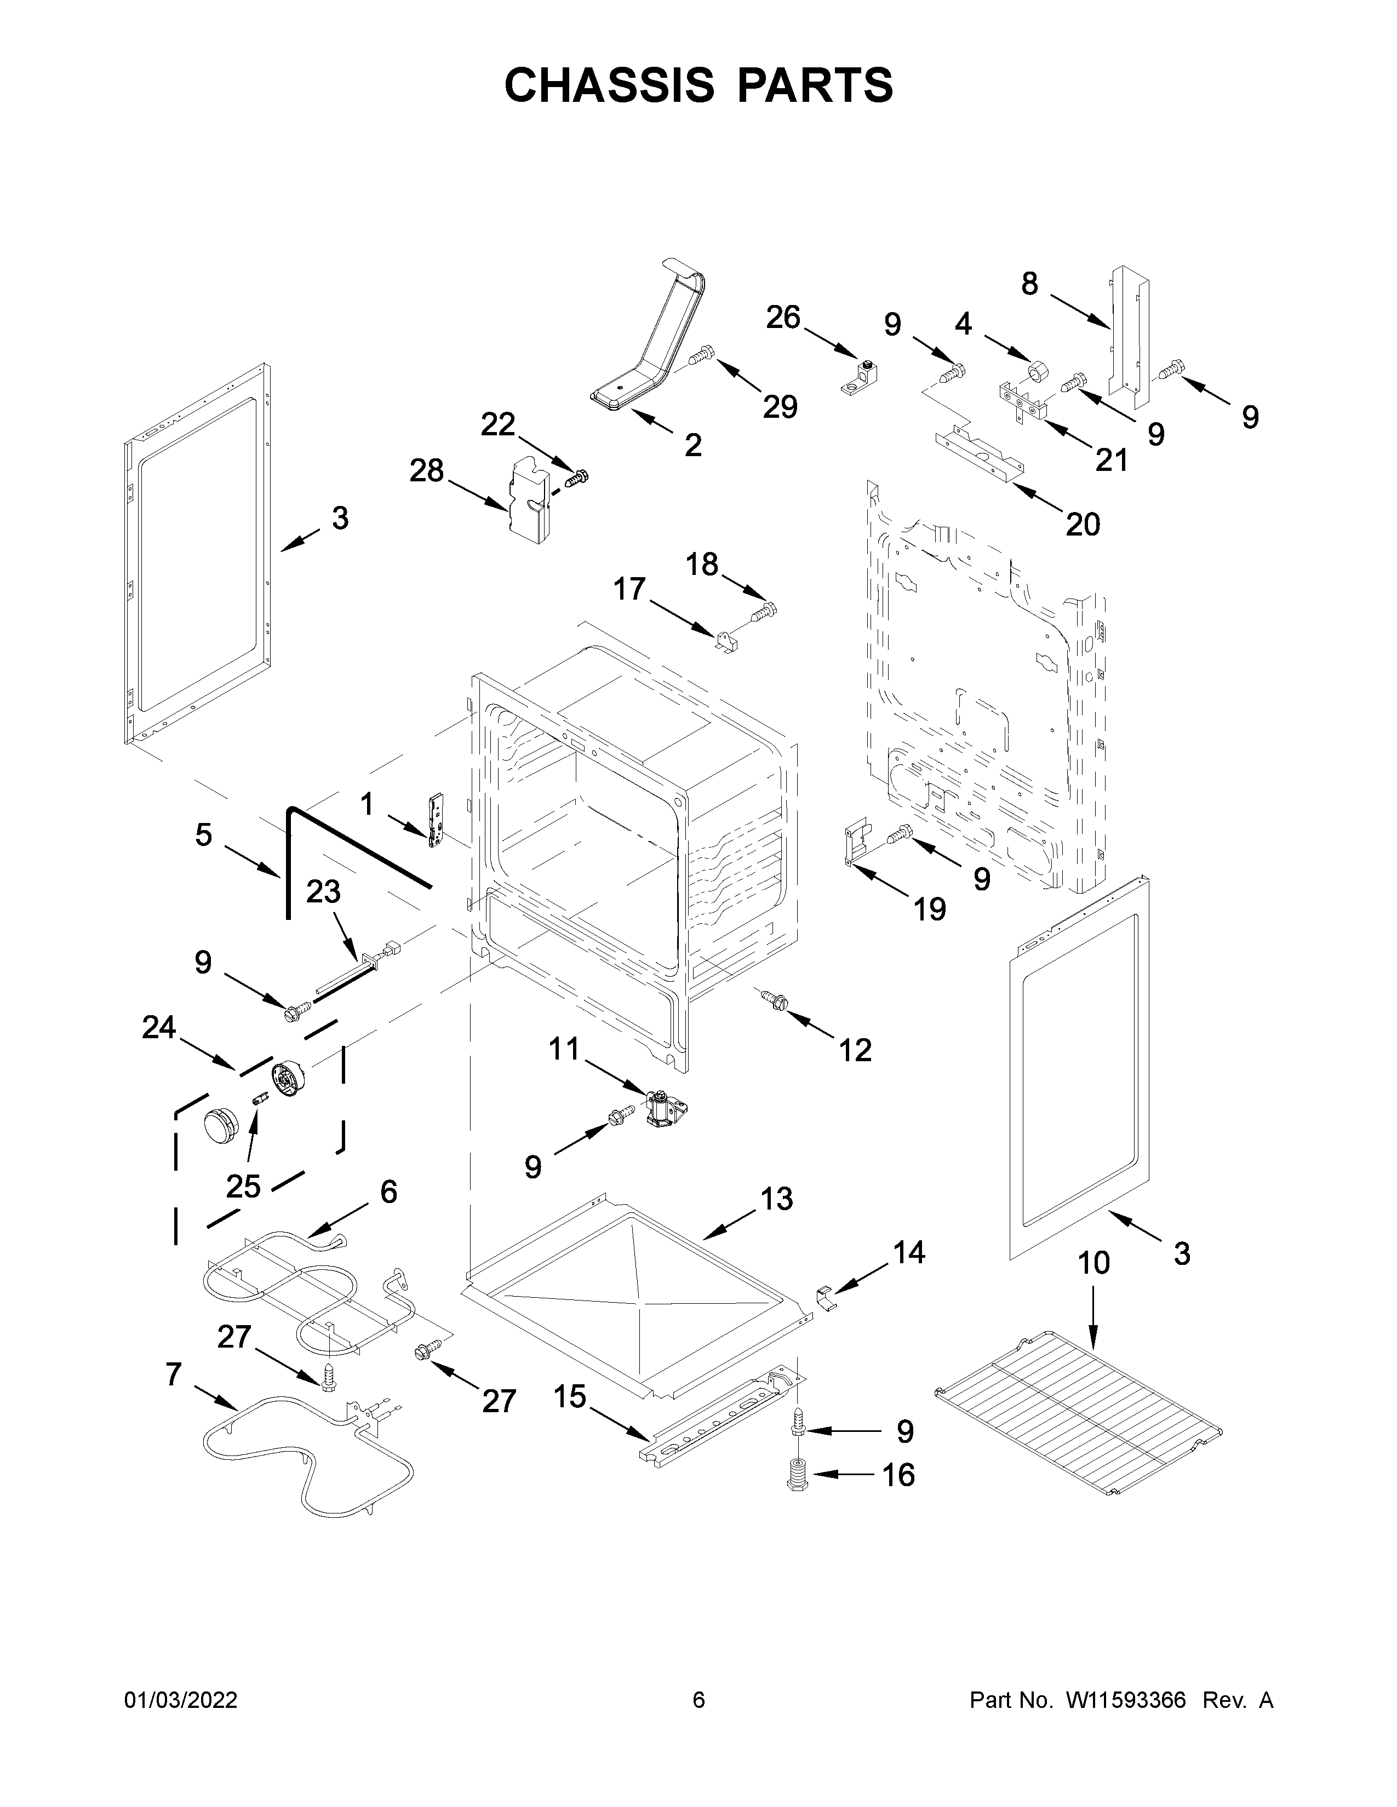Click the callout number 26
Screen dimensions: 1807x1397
pyautogui.click(x=783, y=317)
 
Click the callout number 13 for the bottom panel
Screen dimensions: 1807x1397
pyautogui.click(x=776, y=1198)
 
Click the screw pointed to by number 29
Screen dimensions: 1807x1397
pyautogui.click(x=700, y=356)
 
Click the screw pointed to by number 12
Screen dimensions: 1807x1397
pyautogui.click(x=775, y=999)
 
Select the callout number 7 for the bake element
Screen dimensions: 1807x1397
pyautogui.click(x=173, y=1374)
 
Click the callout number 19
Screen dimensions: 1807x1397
pyautogui.click(x=929, y=910)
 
